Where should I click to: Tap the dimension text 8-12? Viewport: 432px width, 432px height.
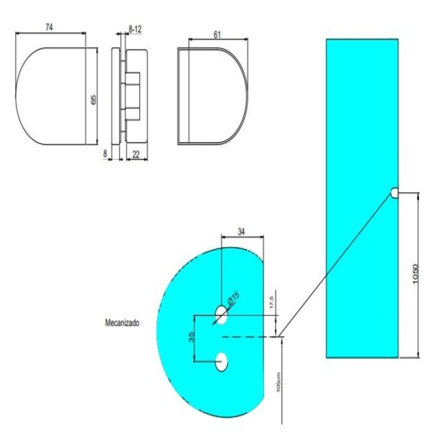[x=136, y=29]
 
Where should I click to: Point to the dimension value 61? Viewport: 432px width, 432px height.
[x=217, y=34]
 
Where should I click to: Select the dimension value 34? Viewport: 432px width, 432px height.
[x=239, y=232]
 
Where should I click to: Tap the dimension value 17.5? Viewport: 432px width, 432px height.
[x=272, y=302]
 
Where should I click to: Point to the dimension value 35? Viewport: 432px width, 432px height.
[x=191, y=337]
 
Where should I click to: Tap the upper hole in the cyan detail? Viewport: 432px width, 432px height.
[x=221, y=315]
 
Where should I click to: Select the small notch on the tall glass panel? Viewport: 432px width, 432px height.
[x=395, y=193]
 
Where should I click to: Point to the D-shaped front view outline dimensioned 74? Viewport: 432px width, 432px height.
[x=51, y=96]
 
